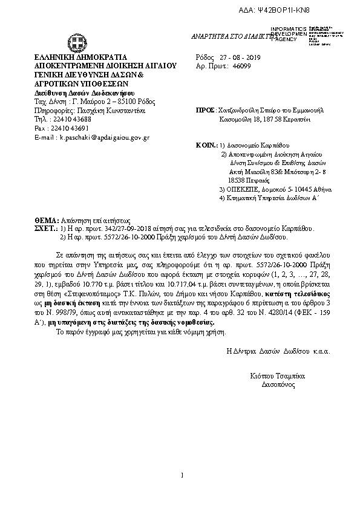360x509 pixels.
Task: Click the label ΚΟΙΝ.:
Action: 206,146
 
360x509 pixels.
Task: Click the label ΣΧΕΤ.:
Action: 46,230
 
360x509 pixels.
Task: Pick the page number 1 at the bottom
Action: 181,476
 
